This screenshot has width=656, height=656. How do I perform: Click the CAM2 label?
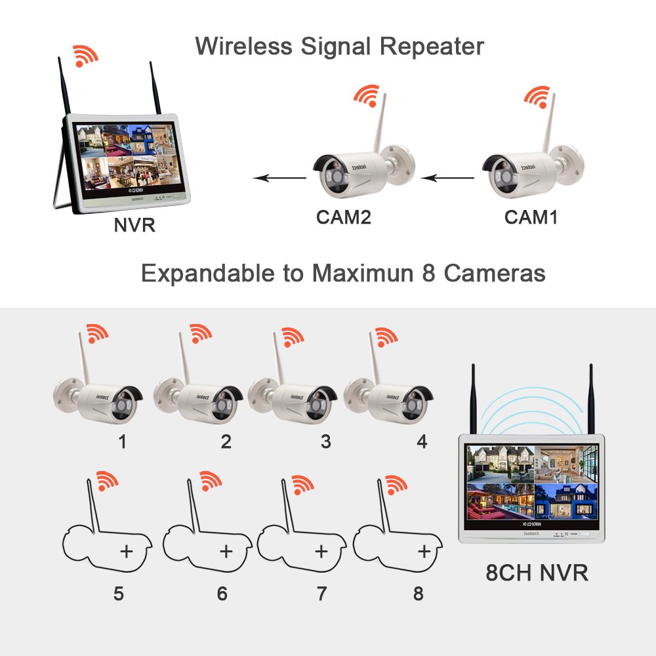tap(344, 217)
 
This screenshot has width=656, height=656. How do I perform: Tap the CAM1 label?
tap(531, 217)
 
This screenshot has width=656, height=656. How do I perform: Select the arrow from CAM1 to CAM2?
tap(447, 177)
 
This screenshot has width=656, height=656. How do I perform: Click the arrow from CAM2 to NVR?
tap(280, 177)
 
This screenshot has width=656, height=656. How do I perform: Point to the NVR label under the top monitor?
tap(134, 226)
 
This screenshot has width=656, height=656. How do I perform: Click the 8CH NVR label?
tap(537, 573)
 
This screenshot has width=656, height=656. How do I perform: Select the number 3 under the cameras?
tap(325, 442)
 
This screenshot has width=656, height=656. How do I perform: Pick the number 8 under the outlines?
tap(418, 594)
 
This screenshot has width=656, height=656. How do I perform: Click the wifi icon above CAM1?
tap(537, 96)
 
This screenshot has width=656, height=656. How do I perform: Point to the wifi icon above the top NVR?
tap(85, 56)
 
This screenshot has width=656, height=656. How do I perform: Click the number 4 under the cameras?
tap(422, 442)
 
